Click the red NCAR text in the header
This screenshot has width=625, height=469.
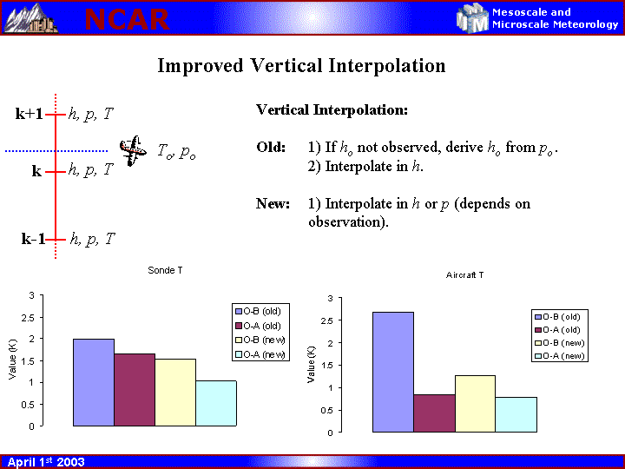click(127, 19)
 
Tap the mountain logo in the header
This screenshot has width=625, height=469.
click(30, 18)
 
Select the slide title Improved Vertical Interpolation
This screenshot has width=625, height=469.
click(301, 66)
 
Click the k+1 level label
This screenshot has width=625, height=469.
click(29, 114)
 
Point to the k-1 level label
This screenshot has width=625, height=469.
click(33, 239)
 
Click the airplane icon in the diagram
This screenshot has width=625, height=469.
click(133, 150)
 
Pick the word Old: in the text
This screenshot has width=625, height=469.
click(271, 147)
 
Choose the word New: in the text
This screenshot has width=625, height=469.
click(273, 204)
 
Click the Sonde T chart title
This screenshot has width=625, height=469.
click(165, 270)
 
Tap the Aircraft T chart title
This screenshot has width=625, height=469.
click(464, 275)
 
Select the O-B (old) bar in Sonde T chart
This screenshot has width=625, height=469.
click(94, 382)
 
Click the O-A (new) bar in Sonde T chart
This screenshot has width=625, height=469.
click(216, 403)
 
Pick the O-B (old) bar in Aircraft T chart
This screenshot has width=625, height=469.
click(393, 372)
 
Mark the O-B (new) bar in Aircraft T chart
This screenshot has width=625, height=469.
click(475, 404)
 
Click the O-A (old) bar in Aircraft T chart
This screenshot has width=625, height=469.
click(434, 413)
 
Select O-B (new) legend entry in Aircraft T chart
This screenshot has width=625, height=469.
click(560, 343)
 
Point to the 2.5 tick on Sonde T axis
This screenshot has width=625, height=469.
click(29, 318)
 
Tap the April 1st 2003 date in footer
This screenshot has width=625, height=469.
click(46, 462)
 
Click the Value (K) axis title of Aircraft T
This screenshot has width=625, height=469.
click(311, 365)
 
